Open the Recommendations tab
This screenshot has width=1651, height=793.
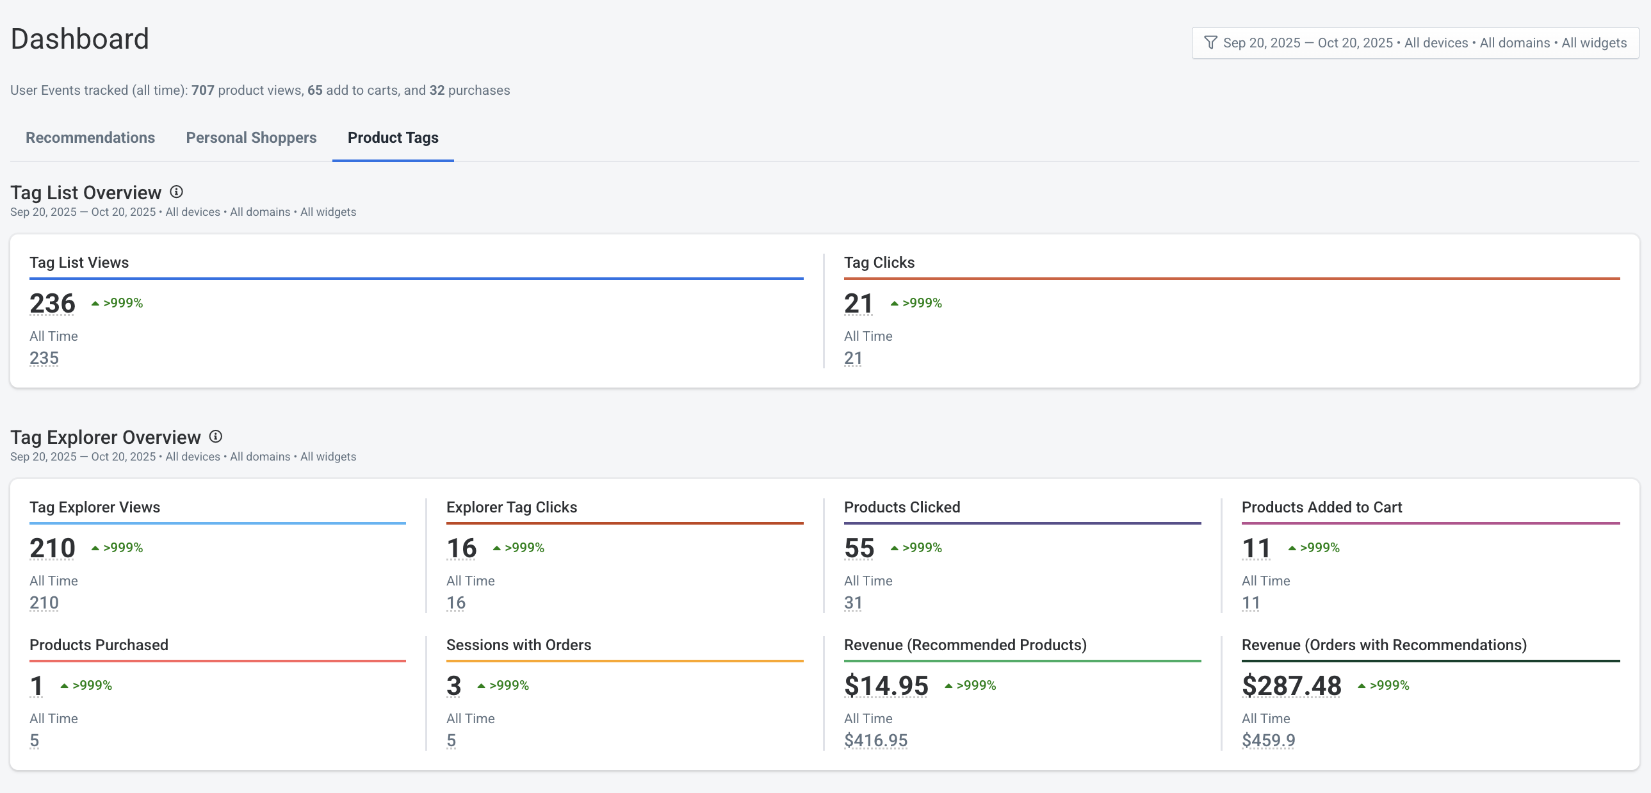90,138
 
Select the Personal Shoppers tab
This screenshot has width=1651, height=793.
251,138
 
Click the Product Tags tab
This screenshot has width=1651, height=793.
393,138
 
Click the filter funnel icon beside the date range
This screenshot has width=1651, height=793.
1210,43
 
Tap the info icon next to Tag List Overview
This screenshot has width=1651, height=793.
176,192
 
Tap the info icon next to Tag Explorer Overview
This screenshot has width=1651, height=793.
216,437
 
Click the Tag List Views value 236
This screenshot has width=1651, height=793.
53,303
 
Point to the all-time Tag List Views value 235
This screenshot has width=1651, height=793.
44,357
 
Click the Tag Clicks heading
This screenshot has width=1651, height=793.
879,263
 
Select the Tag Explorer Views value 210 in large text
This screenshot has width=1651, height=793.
53,548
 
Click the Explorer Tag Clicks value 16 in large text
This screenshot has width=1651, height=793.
461,548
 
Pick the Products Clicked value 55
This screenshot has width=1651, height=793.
859,548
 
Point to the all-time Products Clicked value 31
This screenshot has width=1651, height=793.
853,603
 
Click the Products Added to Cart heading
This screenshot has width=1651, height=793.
1322,507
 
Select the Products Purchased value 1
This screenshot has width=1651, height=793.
37,686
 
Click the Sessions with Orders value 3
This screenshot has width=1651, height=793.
454,686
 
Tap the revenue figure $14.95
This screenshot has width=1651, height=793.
886,686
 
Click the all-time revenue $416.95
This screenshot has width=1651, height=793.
875,740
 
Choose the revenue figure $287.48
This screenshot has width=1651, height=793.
1291,686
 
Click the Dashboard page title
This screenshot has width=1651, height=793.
80,39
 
